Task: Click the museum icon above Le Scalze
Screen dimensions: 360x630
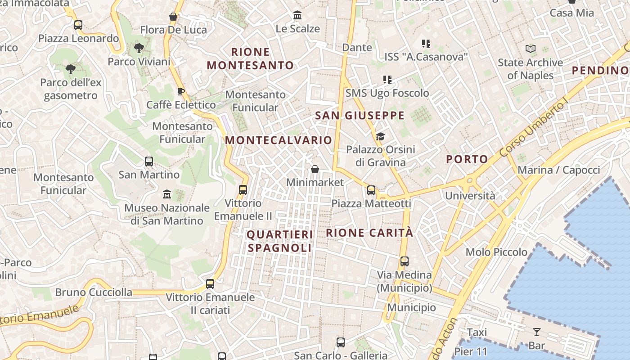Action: pos(297,16)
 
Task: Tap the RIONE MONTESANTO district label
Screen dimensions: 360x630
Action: pos(250,58)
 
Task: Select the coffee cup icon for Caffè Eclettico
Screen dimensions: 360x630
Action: pos(181,92)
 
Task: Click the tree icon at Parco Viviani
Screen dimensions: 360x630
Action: pos(139,48)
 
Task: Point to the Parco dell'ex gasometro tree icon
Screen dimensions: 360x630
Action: pos(70,69)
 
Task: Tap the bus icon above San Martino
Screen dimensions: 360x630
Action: pos(149,161)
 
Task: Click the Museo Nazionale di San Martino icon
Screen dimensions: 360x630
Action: pos(167,194)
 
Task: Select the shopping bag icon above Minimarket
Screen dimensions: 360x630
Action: pos(315,169)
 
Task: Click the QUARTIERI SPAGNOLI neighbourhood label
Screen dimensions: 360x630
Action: pos(279,241)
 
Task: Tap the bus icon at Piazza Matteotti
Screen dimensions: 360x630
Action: pos(371,190)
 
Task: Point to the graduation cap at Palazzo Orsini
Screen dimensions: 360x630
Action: pos(381,136)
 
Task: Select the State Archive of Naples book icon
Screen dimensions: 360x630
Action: pos(531,49)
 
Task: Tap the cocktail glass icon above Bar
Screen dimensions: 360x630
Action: pos(536,332)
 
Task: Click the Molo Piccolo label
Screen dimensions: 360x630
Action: pos(496,252)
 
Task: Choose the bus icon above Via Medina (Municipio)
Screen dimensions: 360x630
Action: pos(405,261)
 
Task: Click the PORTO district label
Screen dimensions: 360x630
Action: pos(467,159)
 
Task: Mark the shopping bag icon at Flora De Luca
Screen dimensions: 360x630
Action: pos(173,17)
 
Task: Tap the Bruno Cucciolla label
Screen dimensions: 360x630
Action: pos(94,292)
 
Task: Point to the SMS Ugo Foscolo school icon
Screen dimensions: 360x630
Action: pos(387,80)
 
